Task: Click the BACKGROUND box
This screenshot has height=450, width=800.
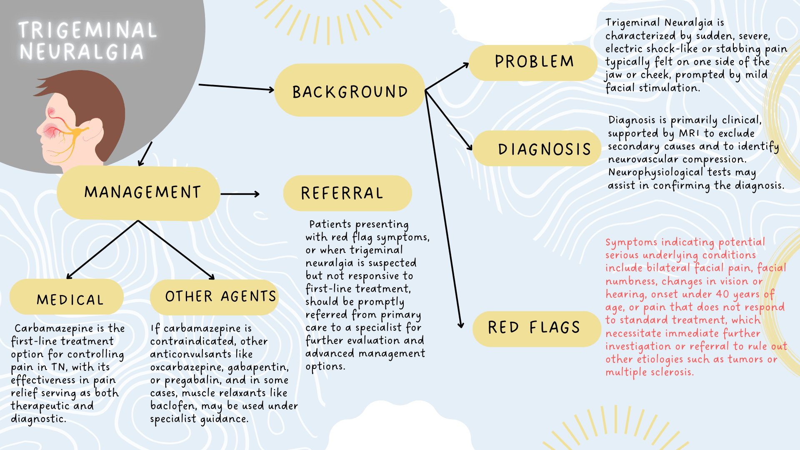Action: pos(349,90)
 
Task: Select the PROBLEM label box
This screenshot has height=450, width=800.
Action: pos(533,62)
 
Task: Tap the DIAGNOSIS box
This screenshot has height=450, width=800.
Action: pos(537,149)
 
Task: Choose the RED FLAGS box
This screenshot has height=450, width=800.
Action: pos(535,328)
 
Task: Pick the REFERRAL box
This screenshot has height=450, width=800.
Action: pos(347,193)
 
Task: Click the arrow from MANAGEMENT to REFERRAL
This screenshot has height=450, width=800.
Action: pos(240,194)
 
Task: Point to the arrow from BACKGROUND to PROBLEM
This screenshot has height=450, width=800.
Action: pos(447,77)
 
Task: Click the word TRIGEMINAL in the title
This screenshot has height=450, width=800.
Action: pos(87,30)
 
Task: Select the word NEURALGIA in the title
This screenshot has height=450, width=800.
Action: pos(82,52)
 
